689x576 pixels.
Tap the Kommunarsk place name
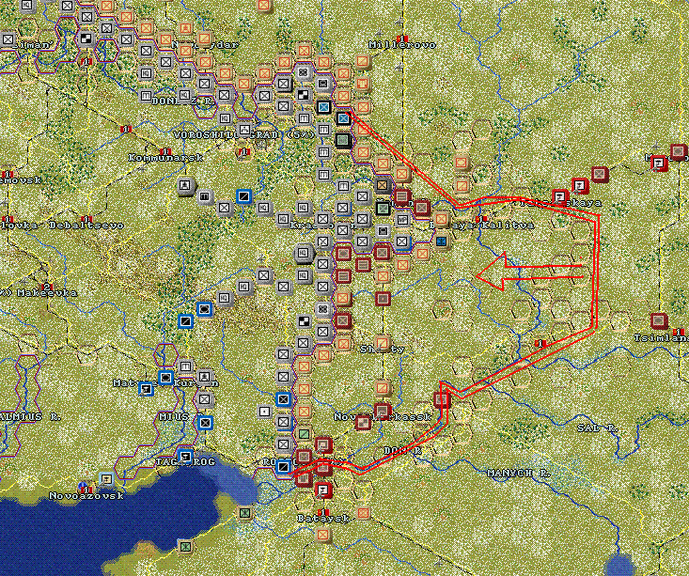[x=152, y=157]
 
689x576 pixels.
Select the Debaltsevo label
[x=83, y=226]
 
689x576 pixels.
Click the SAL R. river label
[x=597, y=427]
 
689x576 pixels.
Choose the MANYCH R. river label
[x=517, y=472]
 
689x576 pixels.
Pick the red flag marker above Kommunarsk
[x=125, y=127]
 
